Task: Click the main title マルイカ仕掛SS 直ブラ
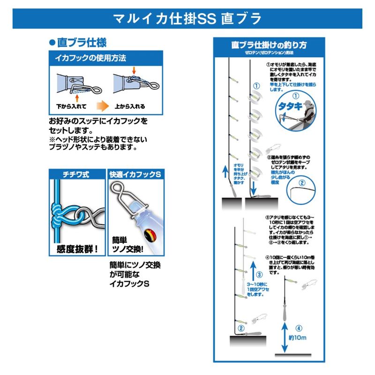pyautogui.click(x=187, y=19)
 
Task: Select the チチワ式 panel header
pyautogui.click(x=76, y=174)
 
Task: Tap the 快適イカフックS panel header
pyautogui.click(x=135, y=174)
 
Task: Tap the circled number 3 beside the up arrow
pyautogui.click(x=259, y=275)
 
